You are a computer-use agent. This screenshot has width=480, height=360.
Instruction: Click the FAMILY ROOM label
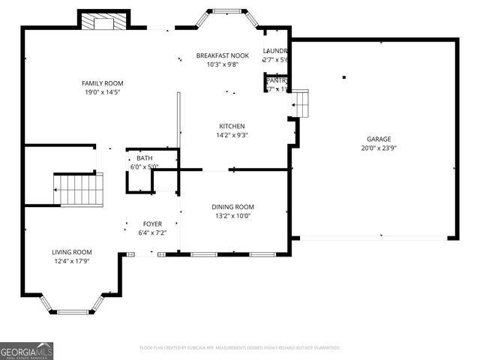[x=102, y=83]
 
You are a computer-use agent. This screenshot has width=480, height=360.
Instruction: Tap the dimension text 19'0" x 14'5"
[x=102, y=92]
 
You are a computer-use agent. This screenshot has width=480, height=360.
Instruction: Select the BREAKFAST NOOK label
[x=223, y=55]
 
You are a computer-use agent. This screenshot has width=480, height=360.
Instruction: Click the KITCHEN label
[x=232, y=126]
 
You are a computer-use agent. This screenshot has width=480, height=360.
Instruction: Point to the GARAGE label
[x=378, y=139]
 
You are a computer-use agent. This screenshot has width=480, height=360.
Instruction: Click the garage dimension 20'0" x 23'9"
[x=378, y=148]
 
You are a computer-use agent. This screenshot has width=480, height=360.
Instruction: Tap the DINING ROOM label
[x=232, y=207]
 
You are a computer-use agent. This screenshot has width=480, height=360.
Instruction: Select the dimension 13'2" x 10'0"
[x=232, y=216]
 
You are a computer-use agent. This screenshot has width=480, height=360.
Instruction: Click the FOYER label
[x=152, y=224]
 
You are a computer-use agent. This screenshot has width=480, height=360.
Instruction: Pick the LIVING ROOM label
[x=72, y=252]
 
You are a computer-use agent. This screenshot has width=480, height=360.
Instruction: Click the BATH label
[x=143, y=158]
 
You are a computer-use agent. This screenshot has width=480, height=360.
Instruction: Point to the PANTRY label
[x=277, y=80]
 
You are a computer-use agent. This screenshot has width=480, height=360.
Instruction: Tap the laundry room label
[x=275, y=51]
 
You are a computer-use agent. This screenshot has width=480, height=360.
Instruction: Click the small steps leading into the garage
[x=300, y=103]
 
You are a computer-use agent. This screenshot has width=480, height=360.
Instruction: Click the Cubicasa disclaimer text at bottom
[x=240, y=348]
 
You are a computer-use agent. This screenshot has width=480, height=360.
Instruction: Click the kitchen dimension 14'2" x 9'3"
[x=232, y=135]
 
